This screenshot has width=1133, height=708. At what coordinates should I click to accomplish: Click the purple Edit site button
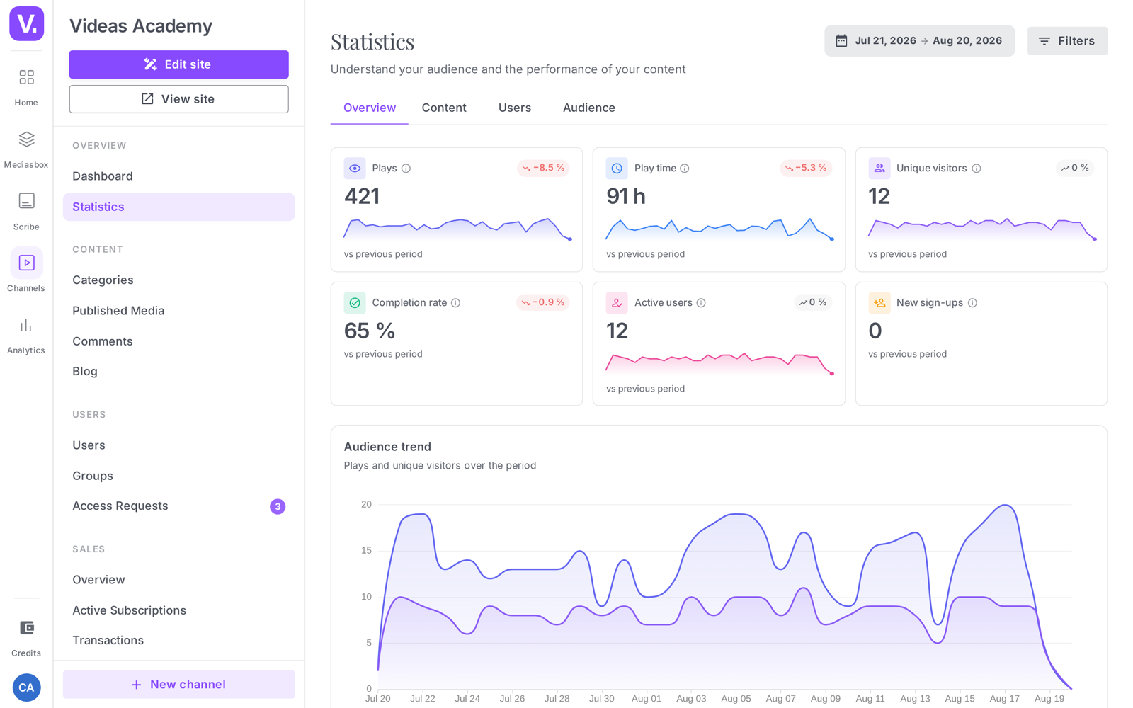click(178, 64)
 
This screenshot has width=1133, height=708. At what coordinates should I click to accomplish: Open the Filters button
click(1067, 41)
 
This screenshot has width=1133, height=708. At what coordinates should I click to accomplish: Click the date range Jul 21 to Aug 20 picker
click(919, 41)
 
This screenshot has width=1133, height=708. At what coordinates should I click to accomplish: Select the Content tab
click(443, 108)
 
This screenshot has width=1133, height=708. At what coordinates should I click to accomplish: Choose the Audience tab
click(588, 108)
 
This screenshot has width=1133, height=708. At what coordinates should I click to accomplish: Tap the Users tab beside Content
click(514, 108)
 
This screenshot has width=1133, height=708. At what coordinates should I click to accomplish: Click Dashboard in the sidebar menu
click(103, 176)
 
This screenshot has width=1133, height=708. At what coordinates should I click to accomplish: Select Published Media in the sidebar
click(118, 311)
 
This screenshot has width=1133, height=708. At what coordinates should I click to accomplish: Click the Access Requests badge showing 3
click(277, 506)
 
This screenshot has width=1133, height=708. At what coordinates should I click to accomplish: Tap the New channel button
click(178, 684)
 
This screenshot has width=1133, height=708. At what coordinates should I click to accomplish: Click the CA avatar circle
click(26, 687)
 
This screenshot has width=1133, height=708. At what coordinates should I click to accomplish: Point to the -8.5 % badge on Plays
click(543, 168)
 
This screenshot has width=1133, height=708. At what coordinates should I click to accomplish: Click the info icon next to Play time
click(684, 169)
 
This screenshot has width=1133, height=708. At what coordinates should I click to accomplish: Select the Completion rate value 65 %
click(369, 331)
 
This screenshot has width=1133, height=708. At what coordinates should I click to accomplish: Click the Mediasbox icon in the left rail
click(26, 139)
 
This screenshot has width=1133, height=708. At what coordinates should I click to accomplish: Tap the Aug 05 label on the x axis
click(736, 698)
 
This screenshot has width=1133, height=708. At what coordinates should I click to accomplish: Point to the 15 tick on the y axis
click(366, 550)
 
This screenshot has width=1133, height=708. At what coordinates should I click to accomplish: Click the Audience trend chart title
click(387, 447)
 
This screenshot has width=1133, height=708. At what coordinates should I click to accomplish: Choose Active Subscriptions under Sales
click(129, 610)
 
